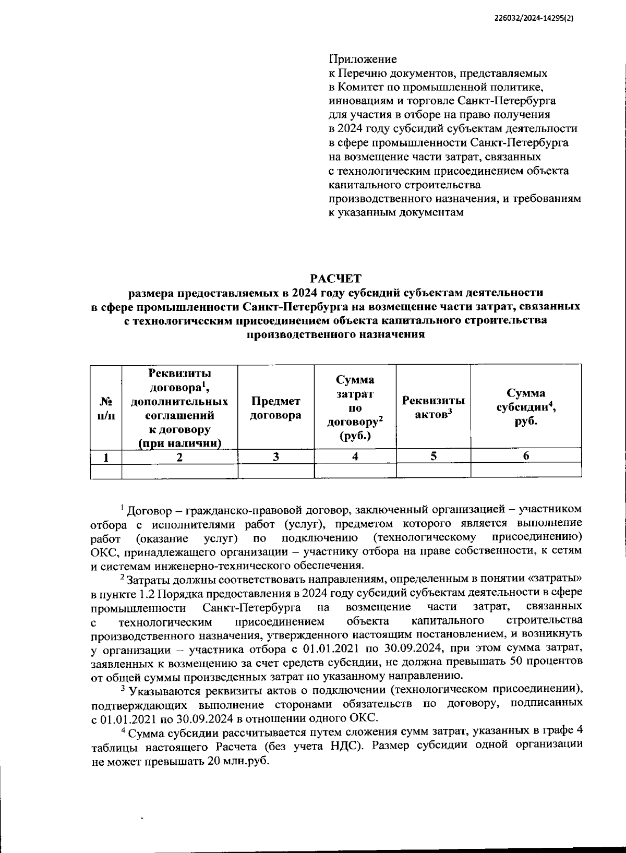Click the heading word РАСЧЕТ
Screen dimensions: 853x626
click(x=335, y=278)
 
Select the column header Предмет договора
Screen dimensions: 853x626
click(x=275, y=408)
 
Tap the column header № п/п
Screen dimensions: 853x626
click(x=106, y=408)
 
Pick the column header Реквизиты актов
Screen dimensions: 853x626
click(x=433, y=407)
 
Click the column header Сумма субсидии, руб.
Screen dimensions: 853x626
click(x=526, y=407)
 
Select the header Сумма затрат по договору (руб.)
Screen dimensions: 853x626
click(x=355, y=407)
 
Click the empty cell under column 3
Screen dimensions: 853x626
click(x=275, y=471)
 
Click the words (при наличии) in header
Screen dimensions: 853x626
click(x=179, y=444)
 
